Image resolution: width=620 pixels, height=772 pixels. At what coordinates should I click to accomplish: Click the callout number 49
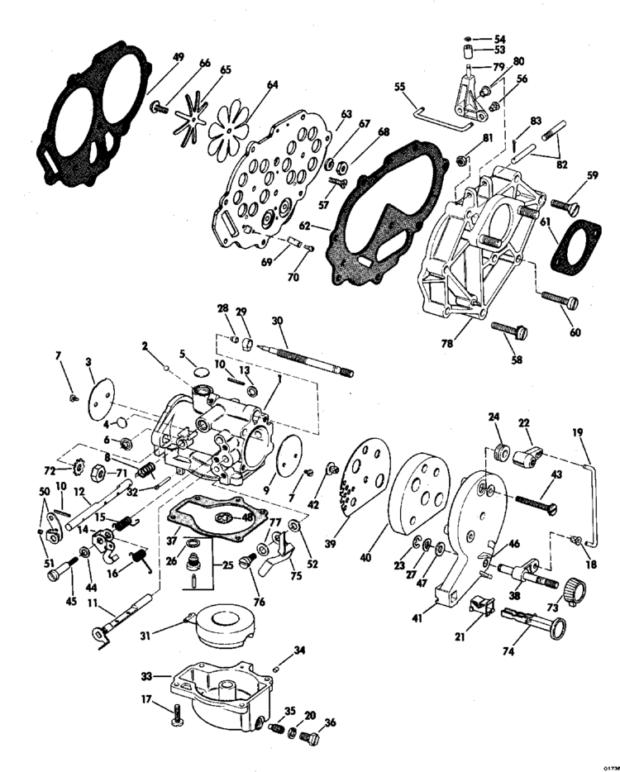(x=178, y=57)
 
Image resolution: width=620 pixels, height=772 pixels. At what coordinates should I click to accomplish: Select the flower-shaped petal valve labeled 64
(x=228, y=124)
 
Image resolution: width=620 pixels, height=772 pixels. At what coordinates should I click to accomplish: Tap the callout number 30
(x=277, y=321)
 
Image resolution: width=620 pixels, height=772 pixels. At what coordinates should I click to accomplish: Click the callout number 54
(x=500, y=38)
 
